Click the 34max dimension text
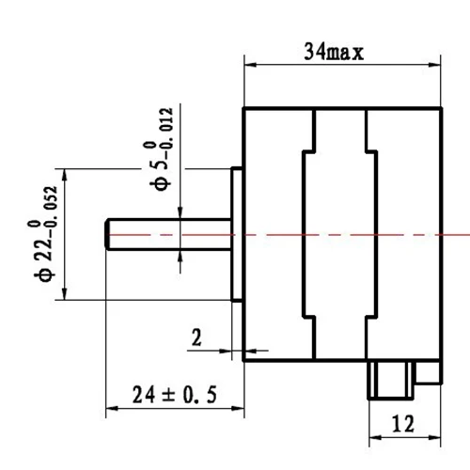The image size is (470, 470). pos(334,52)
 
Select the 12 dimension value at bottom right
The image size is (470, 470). pos(403,424)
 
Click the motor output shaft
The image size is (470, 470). pos(169,233)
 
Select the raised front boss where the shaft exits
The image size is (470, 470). pos(237,235)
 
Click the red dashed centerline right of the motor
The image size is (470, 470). pos(456,233)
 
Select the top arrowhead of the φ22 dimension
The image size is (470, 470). pos(63,174)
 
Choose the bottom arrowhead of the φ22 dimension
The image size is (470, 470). pos(63,295)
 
